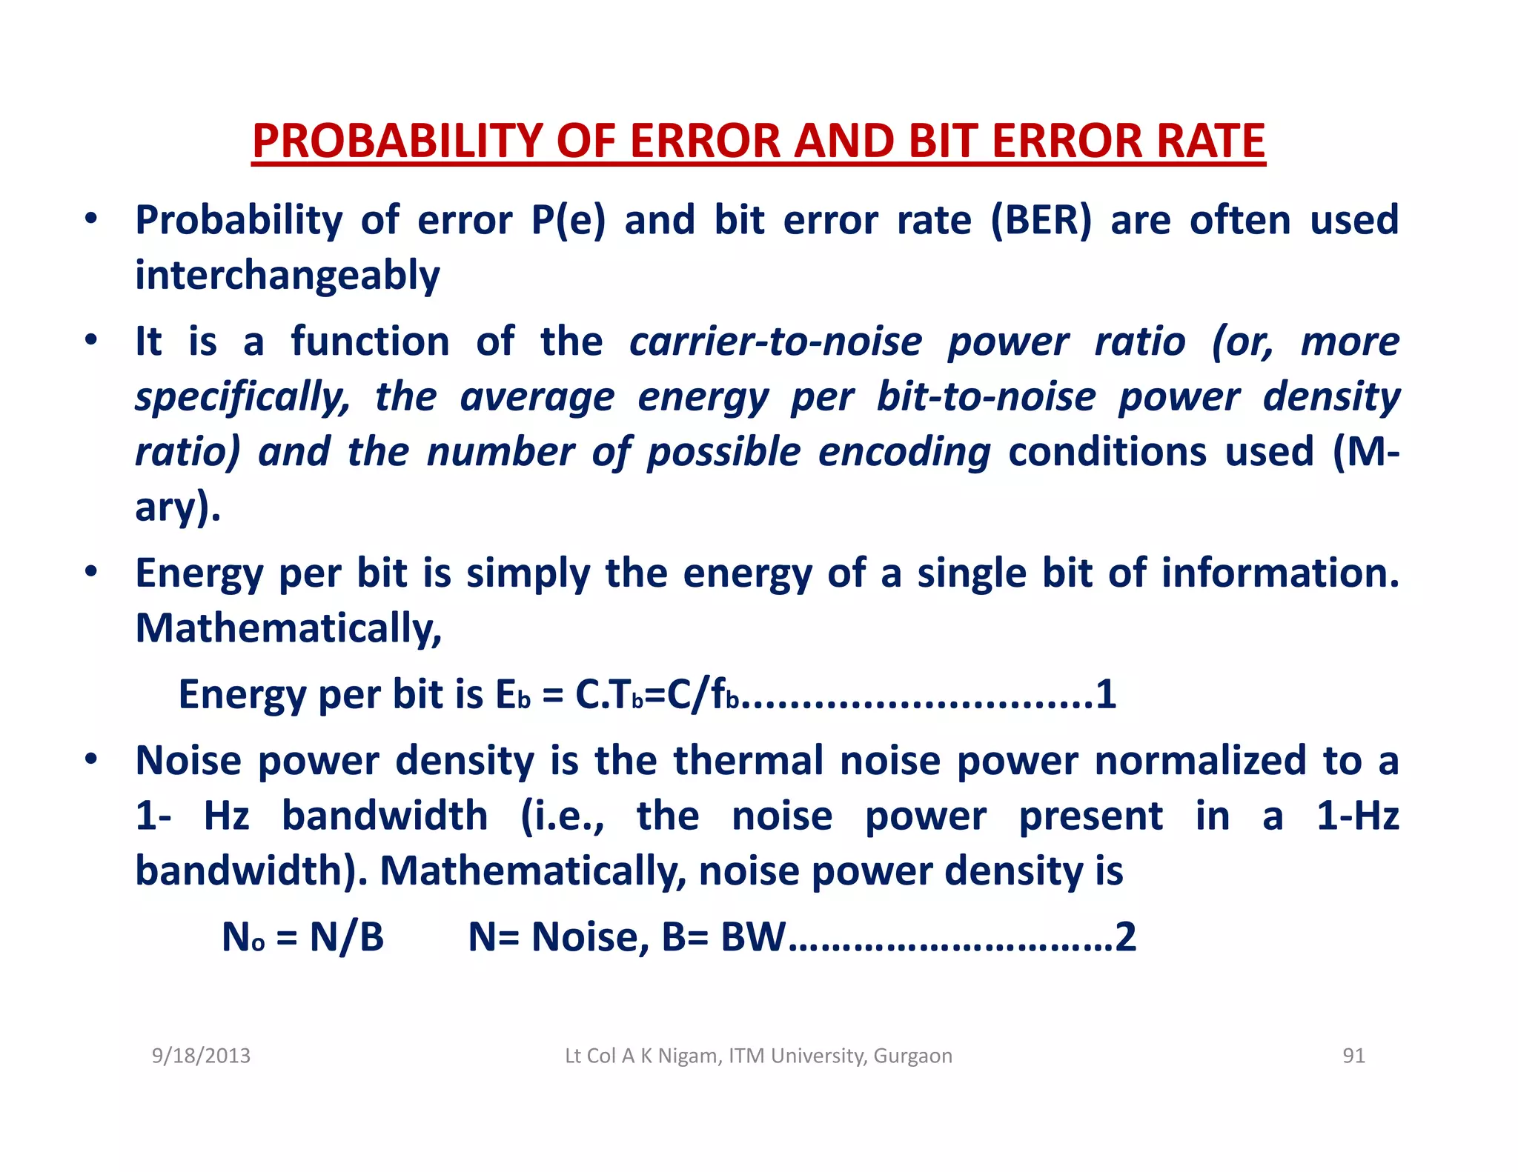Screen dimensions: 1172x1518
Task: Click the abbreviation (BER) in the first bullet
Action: point(1041,220)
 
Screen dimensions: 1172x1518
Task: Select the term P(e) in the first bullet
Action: point(568,220)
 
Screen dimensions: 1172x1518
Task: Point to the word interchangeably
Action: point(288,276)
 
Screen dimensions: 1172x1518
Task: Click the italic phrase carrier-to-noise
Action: point(775,342)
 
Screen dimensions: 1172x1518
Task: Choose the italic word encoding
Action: point(904,452)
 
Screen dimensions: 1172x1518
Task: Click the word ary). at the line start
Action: point(178,507)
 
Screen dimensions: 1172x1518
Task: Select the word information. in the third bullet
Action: point(1280,573)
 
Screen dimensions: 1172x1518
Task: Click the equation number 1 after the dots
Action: point(1105,695)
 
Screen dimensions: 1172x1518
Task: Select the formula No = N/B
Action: point(302,937)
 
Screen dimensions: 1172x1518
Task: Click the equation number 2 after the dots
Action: point(1125,937)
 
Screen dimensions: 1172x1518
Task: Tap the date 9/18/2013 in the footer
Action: point(201,1056)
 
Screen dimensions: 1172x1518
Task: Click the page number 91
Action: point(1353,1056)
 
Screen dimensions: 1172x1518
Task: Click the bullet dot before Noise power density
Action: point(90,759)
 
